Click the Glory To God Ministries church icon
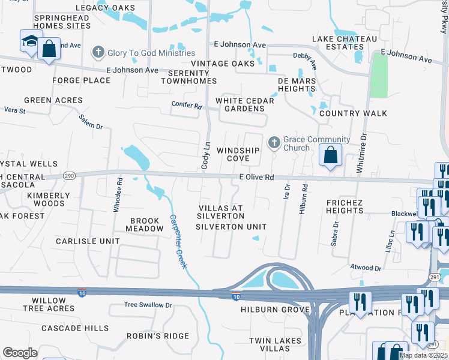coord(98,52)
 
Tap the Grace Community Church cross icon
coord(274,143)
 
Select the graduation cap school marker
coord(29,41)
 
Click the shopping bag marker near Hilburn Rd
coord(331,155)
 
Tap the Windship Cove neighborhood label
coord(238,154)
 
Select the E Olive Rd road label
coord(256,178)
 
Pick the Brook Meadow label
coord(145,224)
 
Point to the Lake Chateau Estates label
coord(345,43)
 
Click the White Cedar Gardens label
coord(244,104)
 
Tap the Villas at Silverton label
coord(220,212)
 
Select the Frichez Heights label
coord(345,206)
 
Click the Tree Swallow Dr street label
coord(148,305)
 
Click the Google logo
coord(20,353)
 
